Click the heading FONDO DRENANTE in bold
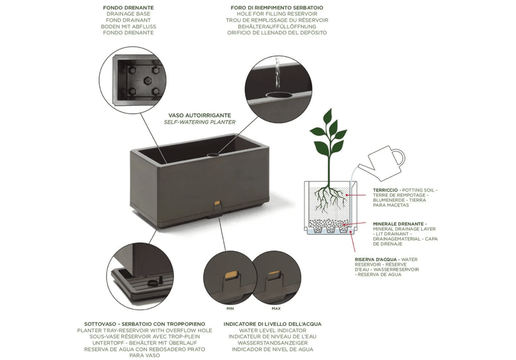[x=128, y=8]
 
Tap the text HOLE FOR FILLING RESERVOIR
[x=277, y=14]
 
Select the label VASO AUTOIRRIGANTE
[x=200, y=115]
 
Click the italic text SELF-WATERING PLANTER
[x=200, y=122]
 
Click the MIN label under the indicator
[x=230, y=308]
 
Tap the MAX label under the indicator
[x=276, y=308]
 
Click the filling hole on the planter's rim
[x=214, y=154]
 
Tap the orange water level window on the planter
[x=217, y=203]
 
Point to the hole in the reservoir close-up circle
[x=279, y=95]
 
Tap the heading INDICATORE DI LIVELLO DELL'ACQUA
[x=272, y=324]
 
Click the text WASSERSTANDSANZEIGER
[x=272, y=343]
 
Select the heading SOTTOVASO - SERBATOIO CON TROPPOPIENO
[x=144, y=324]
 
